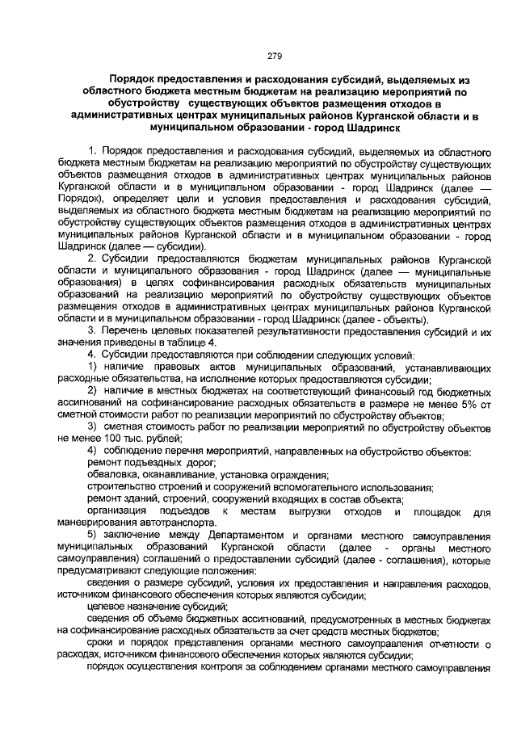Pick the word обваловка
click(114, 474)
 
